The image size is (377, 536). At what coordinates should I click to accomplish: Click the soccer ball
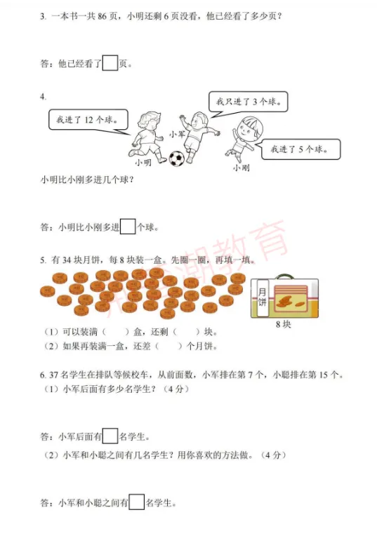click(x=176, y=159)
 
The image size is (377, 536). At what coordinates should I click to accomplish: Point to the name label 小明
click(x=144, y=162)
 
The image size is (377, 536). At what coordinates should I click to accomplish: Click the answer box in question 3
click(x=110, y=63)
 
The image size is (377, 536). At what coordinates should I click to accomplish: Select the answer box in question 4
click(x=128, y=227)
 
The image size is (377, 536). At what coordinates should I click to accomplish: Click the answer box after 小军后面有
click(x=110, y=436)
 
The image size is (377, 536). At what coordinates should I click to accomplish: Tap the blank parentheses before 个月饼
click(x=166, y=346)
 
